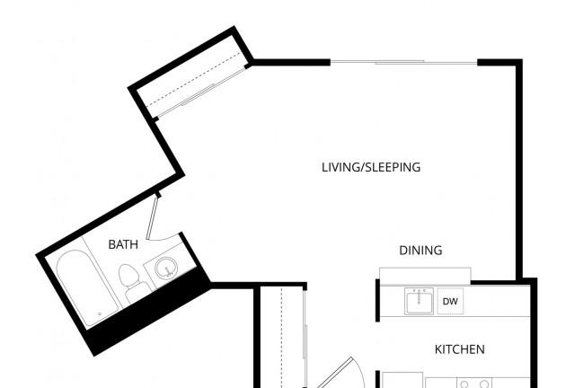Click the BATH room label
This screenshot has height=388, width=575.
tap(122, 244)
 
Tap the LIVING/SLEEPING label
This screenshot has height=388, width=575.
tap(371, 168)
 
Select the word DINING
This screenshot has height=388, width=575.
tap(420, 251)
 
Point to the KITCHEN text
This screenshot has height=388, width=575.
tap(460, 349)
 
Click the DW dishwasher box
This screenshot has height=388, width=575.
tap(450, 303)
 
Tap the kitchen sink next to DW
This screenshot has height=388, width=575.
tap(419, 302)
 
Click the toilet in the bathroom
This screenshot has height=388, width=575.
tap(131, 281)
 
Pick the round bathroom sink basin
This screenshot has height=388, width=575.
tap(166, 268)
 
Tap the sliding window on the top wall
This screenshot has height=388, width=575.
tap(404, 62)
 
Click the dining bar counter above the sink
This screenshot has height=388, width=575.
tap(425, 274)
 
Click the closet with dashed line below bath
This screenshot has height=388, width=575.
tap(284, 337)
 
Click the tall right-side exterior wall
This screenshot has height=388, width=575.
tap(518, 171)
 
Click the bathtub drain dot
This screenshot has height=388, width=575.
tap(98, 313)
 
